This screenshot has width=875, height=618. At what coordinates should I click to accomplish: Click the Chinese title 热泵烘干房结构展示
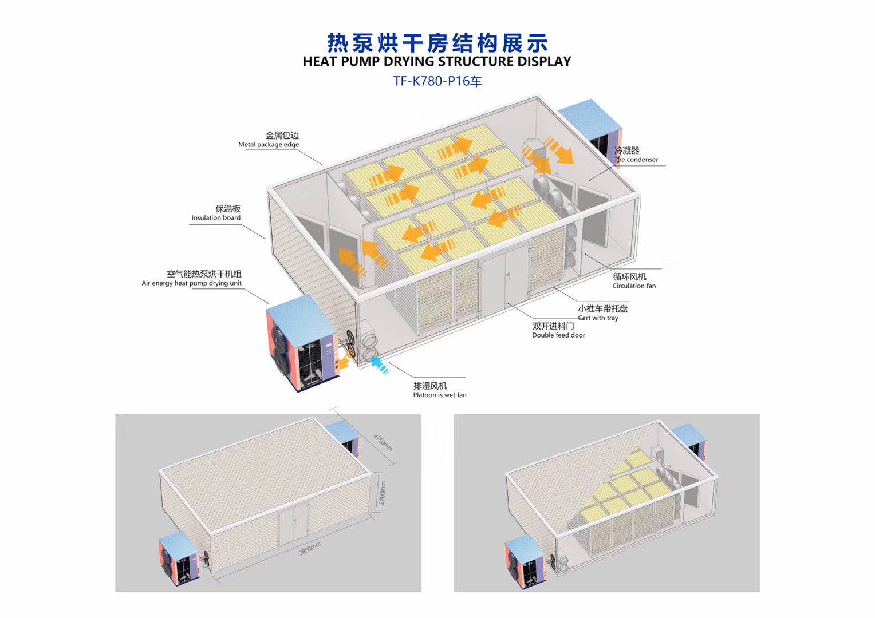[x=437, y=42]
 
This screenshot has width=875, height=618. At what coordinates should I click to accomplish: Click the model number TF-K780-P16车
[x=437, y=81]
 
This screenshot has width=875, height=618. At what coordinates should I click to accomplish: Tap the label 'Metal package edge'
[x=269, y=145]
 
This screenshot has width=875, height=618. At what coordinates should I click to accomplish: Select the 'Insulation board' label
[x=216, y=218]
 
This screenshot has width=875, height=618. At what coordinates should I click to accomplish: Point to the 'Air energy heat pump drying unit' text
[x=191, y=283]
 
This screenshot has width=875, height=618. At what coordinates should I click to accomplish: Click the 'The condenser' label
[x=636, y=160]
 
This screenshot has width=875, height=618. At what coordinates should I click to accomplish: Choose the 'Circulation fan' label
[x=634, y=286]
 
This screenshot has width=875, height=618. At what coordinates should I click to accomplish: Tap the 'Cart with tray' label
[x=598, y=318]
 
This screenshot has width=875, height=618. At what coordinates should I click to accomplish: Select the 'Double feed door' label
[x=558, y=335]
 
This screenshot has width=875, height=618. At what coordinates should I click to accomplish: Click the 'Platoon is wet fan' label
[x=440, y=395]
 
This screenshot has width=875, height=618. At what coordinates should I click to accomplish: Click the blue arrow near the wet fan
[x=380, y=365]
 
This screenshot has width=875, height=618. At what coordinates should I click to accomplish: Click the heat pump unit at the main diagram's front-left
[x=303, y=349]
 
